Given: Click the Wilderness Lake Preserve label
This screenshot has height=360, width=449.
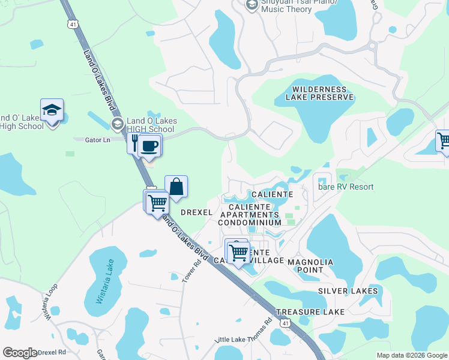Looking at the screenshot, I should click(311, 93).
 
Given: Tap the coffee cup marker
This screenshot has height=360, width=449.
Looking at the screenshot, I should click(149, 145).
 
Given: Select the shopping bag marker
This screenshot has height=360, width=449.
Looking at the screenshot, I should click(176, 187).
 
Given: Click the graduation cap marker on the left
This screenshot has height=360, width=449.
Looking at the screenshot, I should click(52, 111).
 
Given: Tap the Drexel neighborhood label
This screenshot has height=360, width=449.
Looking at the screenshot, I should click(196, 212).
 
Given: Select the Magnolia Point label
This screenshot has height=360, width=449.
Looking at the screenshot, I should click(310, 266).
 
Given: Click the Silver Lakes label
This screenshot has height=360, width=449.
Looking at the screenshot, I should click(348, 291).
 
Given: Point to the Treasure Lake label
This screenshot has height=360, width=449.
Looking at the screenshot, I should click(310, 312).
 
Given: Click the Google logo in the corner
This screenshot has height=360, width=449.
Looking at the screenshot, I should click(20, 353).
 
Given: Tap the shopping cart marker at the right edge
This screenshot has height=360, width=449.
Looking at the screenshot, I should click(444, 142).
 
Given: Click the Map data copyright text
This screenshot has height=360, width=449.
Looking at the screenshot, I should click(411, 355).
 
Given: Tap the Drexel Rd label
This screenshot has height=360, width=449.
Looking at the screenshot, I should click(52, 353).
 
